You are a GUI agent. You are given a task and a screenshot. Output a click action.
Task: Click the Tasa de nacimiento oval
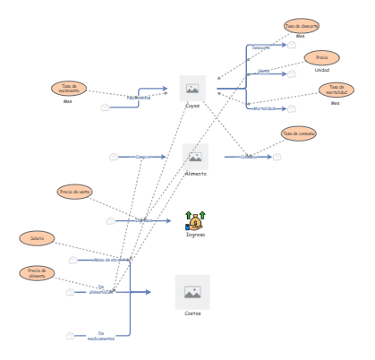coord(69,88)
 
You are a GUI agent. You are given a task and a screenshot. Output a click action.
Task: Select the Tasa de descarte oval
coord(301,26)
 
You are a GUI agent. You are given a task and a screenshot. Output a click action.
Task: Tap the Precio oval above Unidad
coord(321,57)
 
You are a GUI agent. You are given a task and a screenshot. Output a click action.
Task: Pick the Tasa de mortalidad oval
coord(336,90)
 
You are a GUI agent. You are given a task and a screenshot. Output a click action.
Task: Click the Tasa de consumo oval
coord(298,133)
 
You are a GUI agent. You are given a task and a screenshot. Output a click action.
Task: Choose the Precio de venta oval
coord(74,191)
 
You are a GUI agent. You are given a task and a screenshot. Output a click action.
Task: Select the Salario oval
coord(37,238)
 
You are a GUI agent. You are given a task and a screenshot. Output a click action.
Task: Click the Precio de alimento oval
coord(37,273)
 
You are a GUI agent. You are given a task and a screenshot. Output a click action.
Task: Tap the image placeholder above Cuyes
coord(192,89)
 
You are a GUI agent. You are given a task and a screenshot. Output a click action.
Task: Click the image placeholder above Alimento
coord(195,157)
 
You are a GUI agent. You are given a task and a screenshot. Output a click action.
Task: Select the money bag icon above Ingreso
coord(195,220)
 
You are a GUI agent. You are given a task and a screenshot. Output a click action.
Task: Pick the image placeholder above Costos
coord(192,292)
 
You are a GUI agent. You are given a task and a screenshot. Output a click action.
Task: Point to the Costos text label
coord(192,314)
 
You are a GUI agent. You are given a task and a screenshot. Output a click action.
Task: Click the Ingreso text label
coord(195,236)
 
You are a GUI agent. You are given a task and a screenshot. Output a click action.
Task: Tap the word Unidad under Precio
coord(321,70)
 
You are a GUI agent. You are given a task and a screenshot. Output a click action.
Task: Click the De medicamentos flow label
coord(100,336)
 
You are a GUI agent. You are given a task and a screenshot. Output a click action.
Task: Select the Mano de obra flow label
coord(106,260)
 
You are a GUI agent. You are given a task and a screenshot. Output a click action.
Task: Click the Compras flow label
coord(143,157)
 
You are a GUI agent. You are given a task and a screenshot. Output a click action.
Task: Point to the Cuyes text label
coord(192,106)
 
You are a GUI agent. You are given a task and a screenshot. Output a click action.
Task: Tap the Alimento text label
coord(195,174)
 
